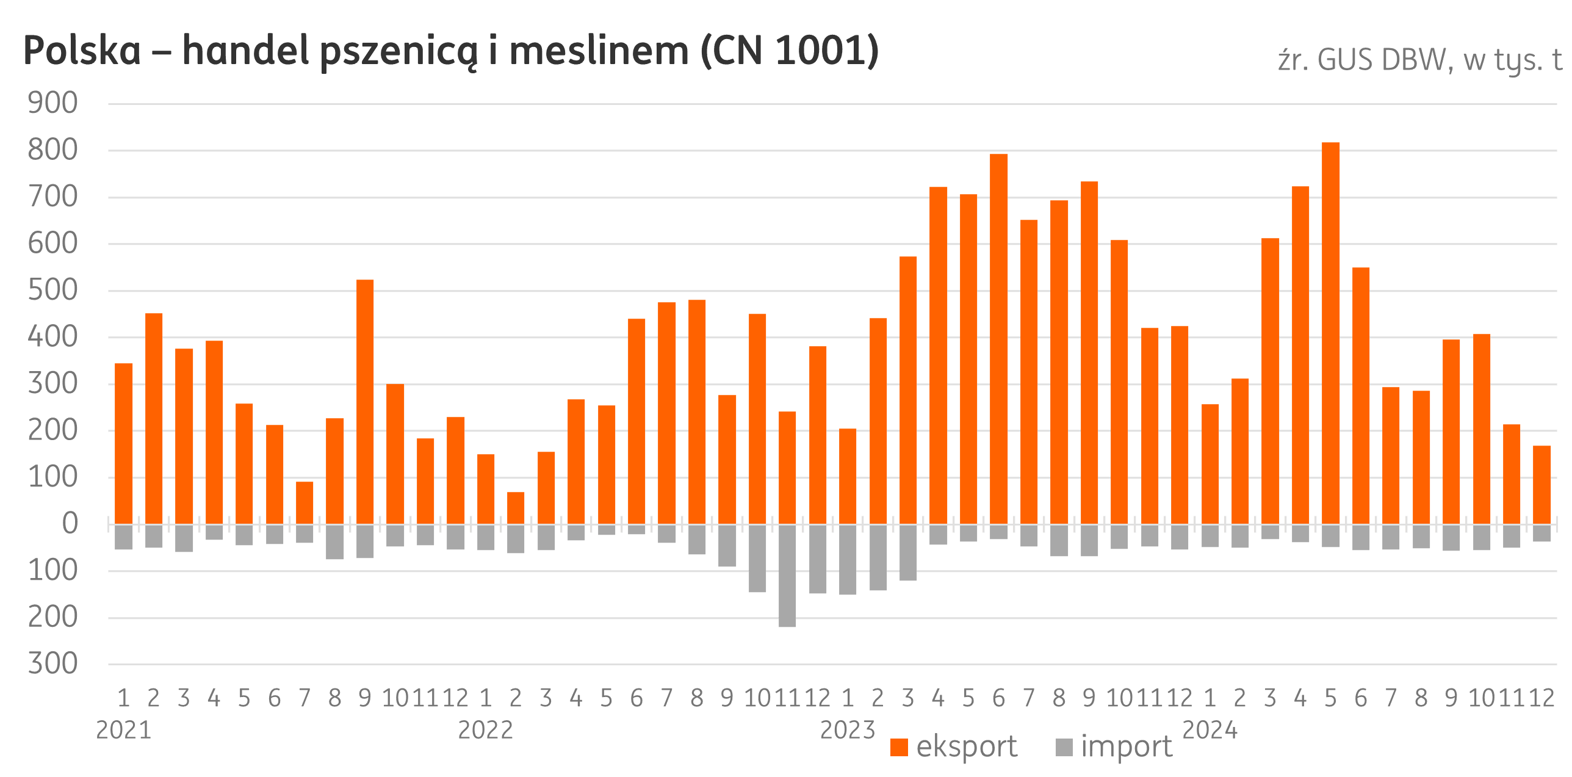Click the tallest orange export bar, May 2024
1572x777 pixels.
[x=1331, y=333]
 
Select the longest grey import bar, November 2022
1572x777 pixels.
[x=787, y=575]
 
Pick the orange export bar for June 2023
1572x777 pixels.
[x=998, y=339]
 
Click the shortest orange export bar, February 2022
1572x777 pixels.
[x=516, y=508]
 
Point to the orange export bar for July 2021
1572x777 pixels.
[x=305, y=503]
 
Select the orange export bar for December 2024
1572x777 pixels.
[x=1541, y=485]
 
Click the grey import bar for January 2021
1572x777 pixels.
[x=124, y=537]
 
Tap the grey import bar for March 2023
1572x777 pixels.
[x=908, y=552]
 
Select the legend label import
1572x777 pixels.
[x=1127, y=747]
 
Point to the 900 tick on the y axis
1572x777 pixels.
[x=53, y=104]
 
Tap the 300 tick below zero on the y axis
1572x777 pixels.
[x=53, y=664]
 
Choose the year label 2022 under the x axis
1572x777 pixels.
[x=485, y=731]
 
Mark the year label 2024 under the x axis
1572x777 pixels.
[x=1210, y=731]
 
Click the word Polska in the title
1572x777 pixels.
[x=82, y=52]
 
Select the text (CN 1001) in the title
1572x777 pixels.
[x=790, y=52]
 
